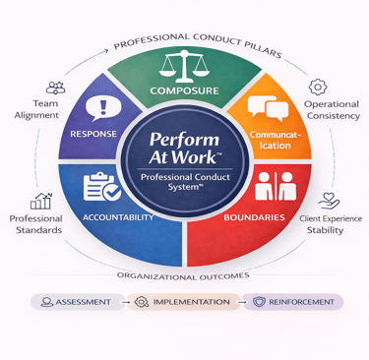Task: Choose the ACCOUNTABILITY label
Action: pyautogui.click(x=117, y=217)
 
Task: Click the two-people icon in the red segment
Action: pyautogui.click(x=268, y=184)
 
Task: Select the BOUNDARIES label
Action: pyautogui.click(x=255, y=217)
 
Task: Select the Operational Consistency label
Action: pyautogui.click(x=331, y=110)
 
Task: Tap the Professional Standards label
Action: pyautogui.click(x=36, y=223)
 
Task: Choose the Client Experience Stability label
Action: pyautogui.click(x=332, y=223)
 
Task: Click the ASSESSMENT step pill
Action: pyautogui.click(x=76, y=302)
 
